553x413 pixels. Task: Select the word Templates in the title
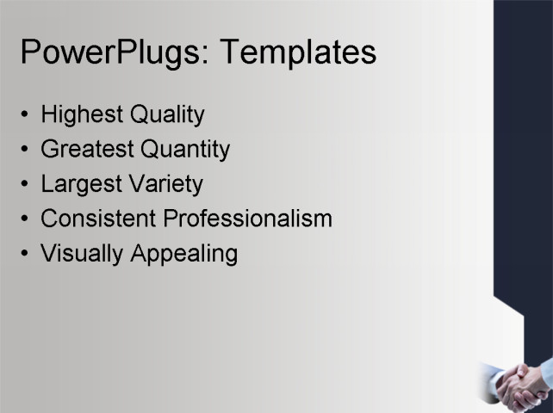[x=298, y=52]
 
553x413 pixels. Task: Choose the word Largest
[x=80, y=184]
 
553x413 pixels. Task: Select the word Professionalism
[x=248, y=219]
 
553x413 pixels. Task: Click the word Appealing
[x=183, y=254]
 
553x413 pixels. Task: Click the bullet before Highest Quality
[x=26, y=115]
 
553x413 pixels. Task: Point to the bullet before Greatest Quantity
[x=26, y=150]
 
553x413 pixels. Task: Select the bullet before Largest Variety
[x=26, y=184]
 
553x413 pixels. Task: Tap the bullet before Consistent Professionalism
[x=26, y=219]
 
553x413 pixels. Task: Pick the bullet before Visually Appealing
[x=26, y=254]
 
